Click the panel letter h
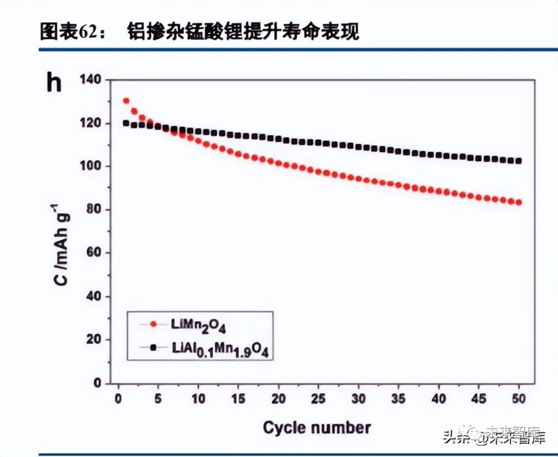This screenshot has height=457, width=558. [54, 83]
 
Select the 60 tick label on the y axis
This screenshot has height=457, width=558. [95, 253]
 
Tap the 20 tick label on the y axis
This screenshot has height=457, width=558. [95, 340]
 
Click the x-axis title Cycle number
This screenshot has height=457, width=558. [317, 428]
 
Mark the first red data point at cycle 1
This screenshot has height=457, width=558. [126, 101]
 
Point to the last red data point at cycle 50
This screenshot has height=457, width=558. [518, 202]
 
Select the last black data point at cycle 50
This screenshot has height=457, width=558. [518, 161]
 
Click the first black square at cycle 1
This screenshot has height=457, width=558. [126, 123]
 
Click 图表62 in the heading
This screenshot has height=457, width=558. [65, 32]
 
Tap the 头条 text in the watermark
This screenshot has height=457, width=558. [456, 438]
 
